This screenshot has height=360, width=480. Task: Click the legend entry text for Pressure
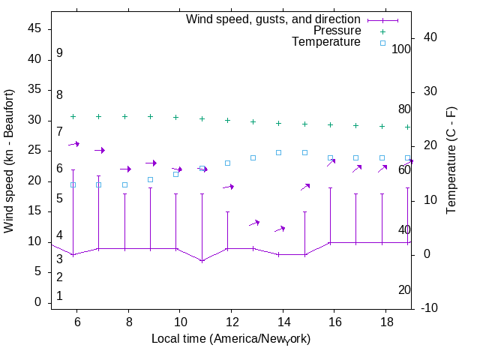tap(337, 31)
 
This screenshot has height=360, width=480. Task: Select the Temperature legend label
tap(326, 42)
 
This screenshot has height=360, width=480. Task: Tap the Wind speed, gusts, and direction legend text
tap(274, 19)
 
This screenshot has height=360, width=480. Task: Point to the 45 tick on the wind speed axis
tap(35, 28)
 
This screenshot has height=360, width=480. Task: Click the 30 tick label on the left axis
tap(35, 120)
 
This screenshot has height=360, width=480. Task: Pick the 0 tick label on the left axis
tap(39, 302)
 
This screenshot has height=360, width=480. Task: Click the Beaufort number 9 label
tap(59, 53)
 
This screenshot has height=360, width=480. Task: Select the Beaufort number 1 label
tap(59, 296)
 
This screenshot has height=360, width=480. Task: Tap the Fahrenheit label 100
tap(402, 49)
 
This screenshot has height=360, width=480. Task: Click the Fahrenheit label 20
tap(404, 290)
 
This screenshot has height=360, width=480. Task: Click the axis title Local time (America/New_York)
tap(231, 339)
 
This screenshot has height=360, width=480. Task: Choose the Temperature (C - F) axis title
tap(452, 159)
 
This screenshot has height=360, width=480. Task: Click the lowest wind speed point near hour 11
tap(202, 261)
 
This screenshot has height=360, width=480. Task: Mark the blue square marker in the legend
tap(382, 43)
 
